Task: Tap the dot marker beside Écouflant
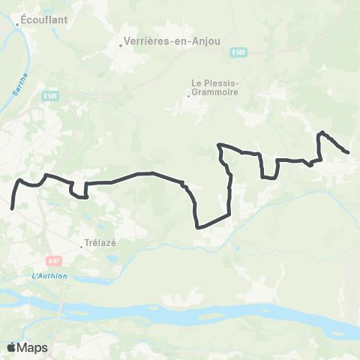point(18,23)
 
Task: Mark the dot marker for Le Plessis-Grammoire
point(187,95)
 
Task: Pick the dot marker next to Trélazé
point(82,245)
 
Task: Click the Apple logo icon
point(11,347)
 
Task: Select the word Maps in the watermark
point(32,347)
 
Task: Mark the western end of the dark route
point(13,208)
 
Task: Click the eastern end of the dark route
point(348,152)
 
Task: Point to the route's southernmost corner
point(197,226)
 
